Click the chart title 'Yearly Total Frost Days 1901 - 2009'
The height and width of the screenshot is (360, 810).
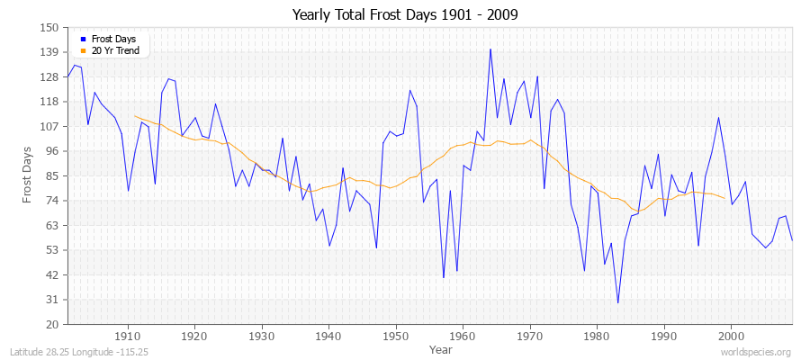(405, 14)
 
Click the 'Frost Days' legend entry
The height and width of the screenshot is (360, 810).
(112, 39)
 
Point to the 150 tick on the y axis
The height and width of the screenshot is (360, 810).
(49, 28)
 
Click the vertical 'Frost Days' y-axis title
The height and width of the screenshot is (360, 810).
(27, 175)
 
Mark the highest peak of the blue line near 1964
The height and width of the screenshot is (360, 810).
(490, 49)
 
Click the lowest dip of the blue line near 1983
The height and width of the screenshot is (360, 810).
(617, 302)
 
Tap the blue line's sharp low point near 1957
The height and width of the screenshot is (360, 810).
(444, 277)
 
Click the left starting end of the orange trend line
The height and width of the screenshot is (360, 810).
(134, 115)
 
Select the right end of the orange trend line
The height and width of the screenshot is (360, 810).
(724, 198)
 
